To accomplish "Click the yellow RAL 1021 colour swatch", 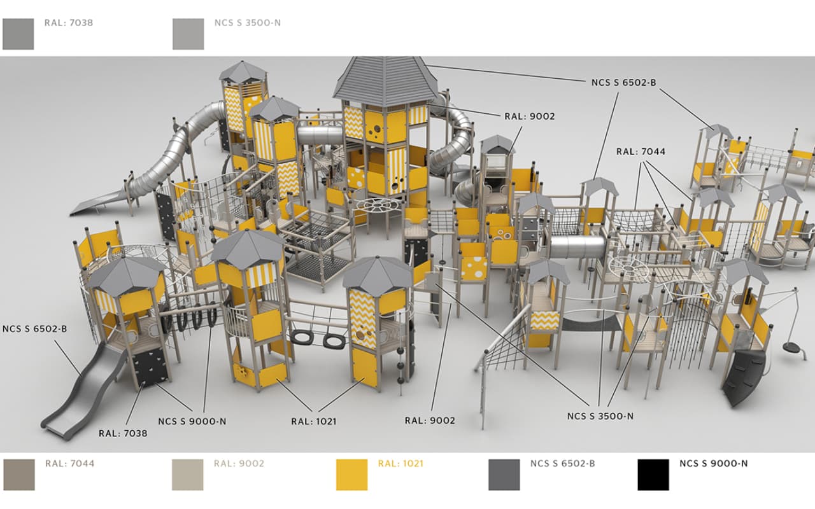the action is (351, 475).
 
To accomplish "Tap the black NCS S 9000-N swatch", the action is (653, 475).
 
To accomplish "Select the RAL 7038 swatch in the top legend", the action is (18, 34).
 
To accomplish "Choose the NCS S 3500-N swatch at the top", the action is (188, 34).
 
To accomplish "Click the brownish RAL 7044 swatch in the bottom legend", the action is (19, 475).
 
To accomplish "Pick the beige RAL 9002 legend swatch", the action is (187, 475).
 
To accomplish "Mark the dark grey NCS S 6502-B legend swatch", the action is (504, 475).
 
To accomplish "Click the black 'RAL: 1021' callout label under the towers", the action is (314, 421).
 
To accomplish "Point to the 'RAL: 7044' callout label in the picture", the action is (641, 151).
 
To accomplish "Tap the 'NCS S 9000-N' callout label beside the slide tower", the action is (192, 421).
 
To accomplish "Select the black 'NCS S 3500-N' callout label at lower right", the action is (600, 416).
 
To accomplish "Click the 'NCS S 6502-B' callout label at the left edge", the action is (34, 329).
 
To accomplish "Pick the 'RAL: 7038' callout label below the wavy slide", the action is (123, 433).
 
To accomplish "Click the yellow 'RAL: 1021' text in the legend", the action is (400, 464).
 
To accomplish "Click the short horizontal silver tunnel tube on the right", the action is (577, 246).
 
